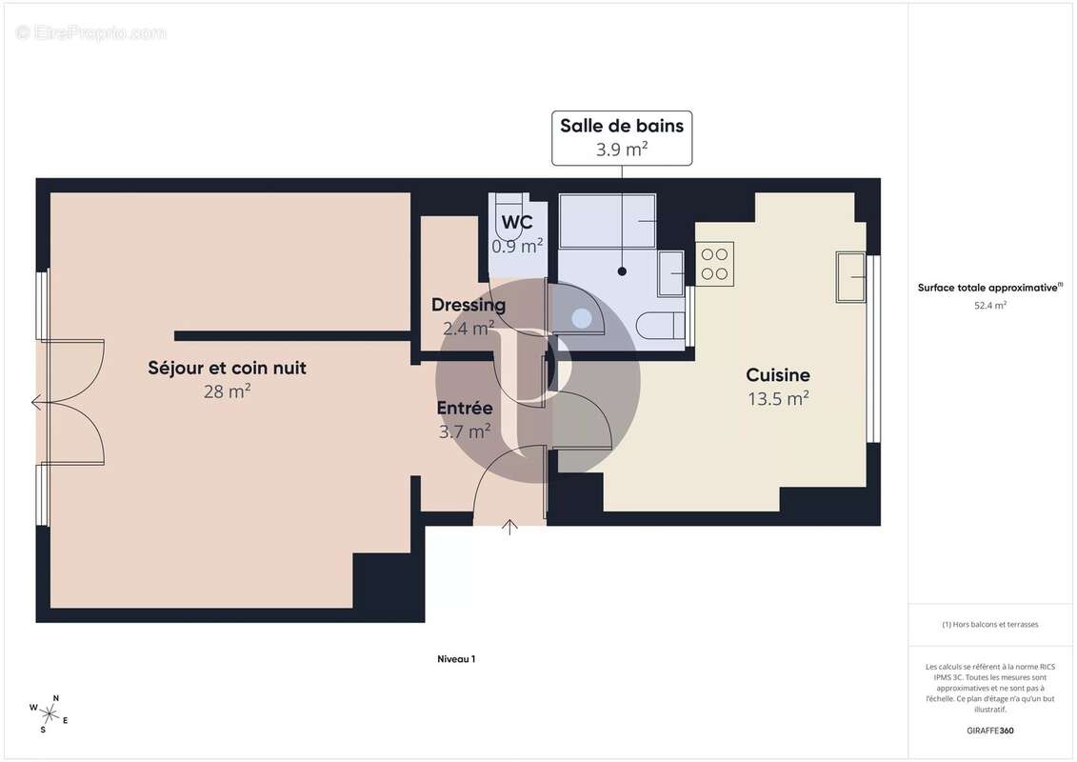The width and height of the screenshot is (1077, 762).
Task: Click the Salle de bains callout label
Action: pos(621,136)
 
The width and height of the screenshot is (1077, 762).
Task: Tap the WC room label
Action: pos(517,223)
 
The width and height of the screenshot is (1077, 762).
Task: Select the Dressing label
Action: pos(469,306)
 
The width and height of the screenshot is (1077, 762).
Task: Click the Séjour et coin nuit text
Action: pos(227,368)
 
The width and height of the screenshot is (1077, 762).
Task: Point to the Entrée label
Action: pos(465,408)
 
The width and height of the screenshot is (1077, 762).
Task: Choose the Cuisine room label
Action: pos(778,375)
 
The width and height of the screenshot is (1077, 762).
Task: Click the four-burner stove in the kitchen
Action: pos(714,264)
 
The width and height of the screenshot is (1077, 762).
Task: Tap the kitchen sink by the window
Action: pos(850,276)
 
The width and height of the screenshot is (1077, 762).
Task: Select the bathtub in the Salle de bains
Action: pos(608,222)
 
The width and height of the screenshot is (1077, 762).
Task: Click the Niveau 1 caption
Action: pos(455,658)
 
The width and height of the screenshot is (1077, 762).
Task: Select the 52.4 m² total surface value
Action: pos(990,306)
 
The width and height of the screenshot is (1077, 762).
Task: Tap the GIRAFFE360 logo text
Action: pos(990,731)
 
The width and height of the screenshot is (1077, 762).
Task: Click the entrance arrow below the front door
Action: pos(510,526)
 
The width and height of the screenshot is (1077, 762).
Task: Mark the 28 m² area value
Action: pos(227,391)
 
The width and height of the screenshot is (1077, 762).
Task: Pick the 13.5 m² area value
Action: pos(778,398)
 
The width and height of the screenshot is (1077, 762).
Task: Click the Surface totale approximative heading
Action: pos(988,287)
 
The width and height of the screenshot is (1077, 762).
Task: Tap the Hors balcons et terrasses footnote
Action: pos(990,625)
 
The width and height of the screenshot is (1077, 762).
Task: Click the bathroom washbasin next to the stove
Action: pos(670,273)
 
